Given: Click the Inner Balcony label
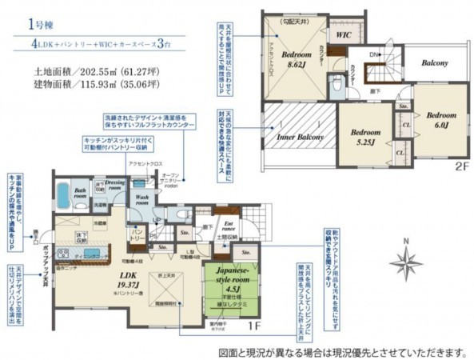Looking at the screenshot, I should point(300,137).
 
